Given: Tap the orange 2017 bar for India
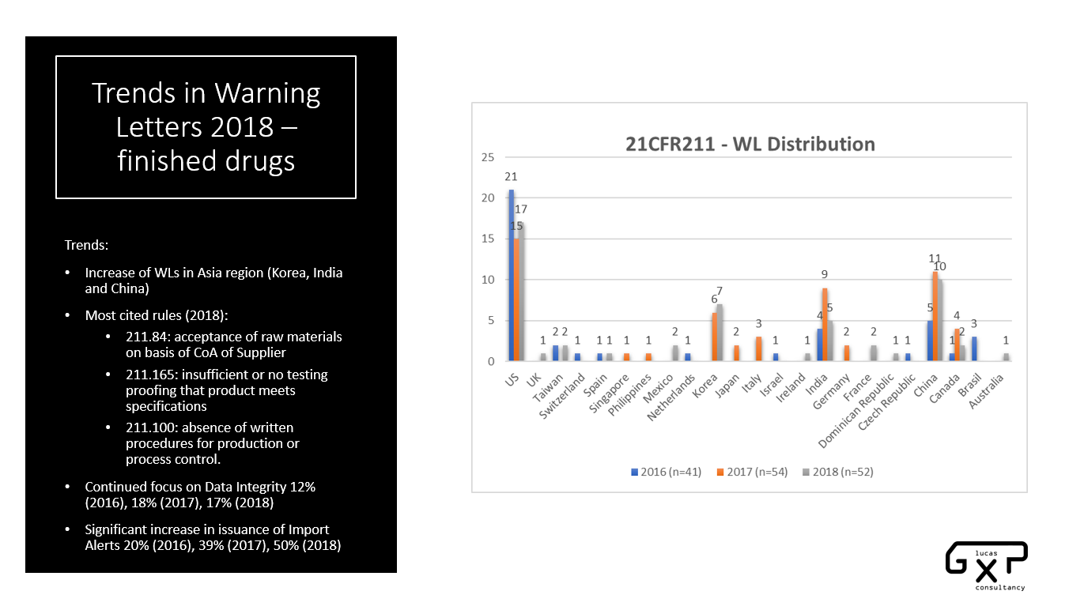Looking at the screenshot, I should click(824, 325).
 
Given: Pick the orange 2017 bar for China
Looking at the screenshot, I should click(935, 316).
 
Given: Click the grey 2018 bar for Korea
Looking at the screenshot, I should click(720, 333).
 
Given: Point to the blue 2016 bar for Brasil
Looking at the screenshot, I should click(975, 348).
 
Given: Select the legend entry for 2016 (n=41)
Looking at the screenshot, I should click(662, 472).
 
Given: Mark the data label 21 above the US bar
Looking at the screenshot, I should click(511, 177).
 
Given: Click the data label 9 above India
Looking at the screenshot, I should click(824, 275).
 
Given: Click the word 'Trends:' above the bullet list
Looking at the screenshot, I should click(86, 245).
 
